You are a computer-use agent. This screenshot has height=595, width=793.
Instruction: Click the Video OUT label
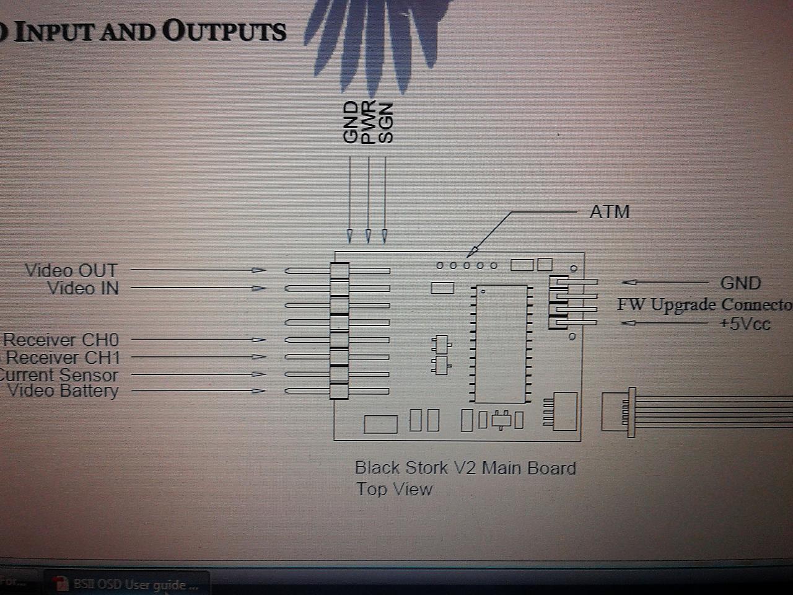point(71,270)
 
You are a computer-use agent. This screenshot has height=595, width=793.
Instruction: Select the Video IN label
point(82,288)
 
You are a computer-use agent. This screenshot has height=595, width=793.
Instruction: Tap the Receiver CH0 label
point(61,340)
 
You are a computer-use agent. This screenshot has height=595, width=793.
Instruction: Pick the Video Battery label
point(62,390)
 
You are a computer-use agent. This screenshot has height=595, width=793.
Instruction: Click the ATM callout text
point(610,212)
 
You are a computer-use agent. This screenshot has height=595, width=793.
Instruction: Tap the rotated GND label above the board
point(351,123)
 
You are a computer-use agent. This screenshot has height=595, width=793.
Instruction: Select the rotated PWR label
point(368,123)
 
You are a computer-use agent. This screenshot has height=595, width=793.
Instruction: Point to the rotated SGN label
point(385,123)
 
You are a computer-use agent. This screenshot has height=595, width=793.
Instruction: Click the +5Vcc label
point(745,324)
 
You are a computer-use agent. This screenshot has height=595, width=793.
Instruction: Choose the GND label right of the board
point(740,283)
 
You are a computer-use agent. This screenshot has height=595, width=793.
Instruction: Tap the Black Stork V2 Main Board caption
point(465,468)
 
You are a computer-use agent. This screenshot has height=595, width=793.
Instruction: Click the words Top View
point(394,489)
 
